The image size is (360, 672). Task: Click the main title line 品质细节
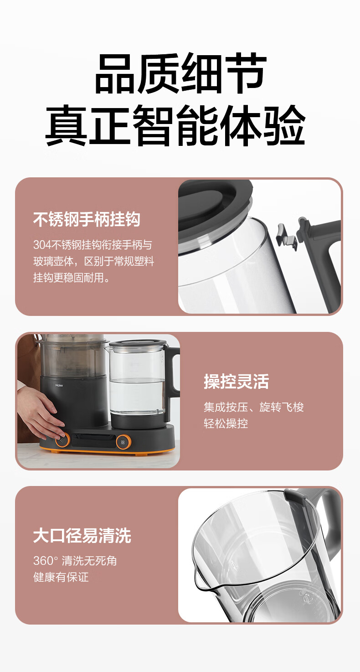[x=180, y=73]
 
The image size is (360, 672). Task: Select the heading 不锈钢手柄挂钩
[x=87, y=219]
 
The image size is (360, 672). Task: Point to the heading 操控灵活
[x=237, y=381]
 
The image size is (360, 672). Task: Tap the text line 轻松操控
[x=226, y=423]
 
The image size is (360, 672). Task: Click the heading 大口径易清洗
[x=82, y=536]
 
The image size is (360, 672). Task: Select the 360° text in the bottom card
[x=46, y=561]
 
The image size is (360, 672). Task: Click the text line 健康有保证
[x=61, y=577]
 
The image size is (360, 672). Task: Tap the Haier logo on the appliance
[x=59, y=385]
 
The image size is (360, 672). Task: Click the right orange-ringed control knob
[x=123, y=442]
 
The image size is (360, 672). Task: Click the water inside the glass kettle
[x=137, y=396]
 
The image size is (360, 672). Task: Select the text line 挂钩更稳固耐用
[x=72, y=278]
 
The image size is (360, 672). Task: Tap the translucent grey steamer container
[x=72, y=357]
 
